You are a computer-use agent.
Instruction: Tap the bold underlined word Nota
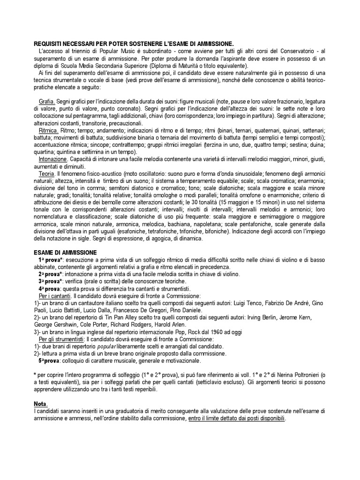pos(41,404)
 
